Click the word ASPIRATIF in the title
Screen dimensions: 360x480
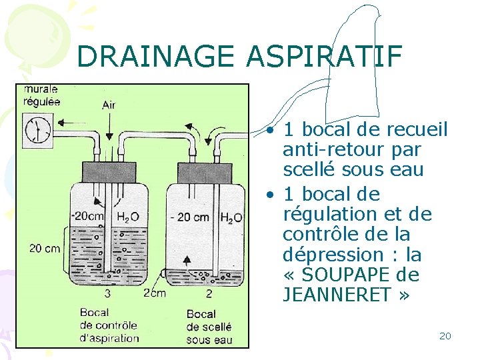click(x=324, y=57)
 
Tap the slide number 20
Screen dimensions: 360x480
click(x=445, y=336)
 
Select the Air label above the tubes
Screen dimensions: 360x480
click(x=109, y=105)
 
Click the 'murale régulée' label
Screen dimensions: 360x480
click(x=41, y=95)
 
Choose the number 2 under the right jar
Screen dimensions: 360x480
click(x=209, y=293)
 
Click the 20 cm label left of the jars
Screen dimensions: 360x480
click(x=45, y=249)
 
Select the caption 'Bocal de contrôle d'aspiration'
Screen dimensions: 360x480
click(x=108, y=325)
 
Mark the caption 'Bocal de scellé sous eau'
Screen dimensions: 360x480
click(x=209, y=327)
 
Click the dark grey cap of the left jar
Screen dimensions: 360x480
click(x=109, y=171)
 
